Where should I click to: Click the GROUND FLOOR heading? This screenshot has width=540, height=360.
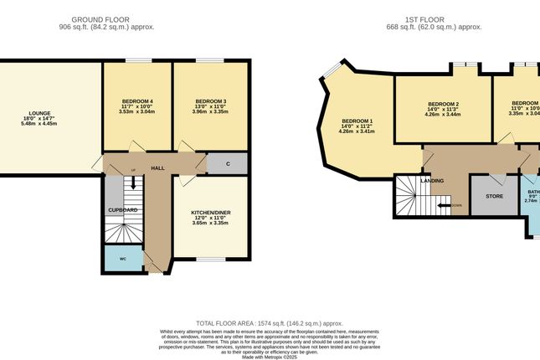107,18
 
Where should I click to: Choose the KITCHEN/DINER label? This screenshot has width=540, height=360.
211,213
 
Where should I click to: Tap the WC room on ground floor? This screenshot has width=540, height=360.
122,259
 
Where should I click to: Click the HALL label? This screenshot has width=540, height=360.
157,168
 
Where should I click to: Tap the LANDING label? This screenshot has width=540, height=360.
432,180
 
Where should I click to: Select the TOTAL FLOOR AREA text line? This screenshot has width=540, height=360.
270,322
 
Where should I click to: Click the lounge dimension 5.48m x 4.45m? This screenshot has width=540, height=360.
39,124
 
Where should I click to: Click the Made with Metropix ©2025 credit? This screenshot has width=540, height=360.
270,356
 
